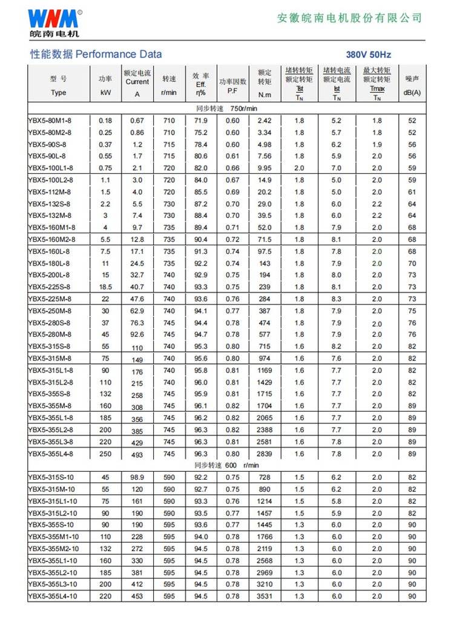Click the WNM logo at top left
tap(54, 21)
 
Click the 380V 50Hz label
tap(368, 55)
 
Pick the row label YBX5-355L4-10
tap(53, 596)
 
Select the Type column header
tap(58, 93)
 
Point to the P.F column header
tap(232, 91)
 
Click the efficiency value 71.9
tap(200, 121)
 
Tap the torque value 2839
tap(265, 454)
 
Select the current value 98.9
tap(137, 477)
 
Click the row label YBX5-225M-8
tap(50, 299)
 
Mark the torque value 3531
tap(265, 596)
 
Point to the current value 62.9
tap(137, 311)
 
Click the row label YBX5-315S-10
tap(51, 477)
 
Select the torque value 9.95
tap(265, 168)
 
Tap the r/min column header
tap(169, 93)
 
